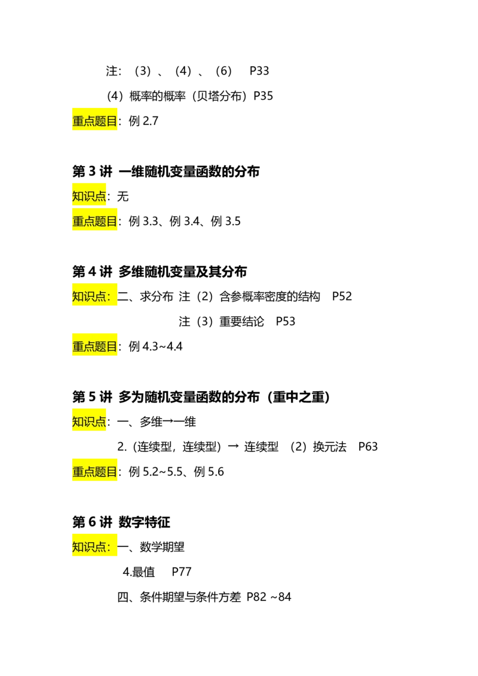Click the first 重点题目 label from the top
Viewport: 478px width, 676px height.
coord(95,121)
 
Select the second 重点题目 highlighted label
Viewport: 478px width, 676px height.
coord(95,222)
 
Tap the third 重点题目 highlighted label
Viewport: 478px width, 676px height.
coord(95,346)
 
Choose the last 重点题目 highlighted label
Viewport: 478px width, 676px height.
coord(95,472)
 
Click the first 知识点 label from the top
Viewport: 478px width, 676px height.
coord(90,196)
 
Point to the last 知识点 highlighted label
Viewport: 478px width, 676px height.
coord(94,546)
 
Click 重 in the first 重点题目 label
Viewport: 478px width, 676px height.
coord(78,121)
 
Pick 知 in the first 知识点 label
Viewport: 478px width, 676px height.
coord(78,196)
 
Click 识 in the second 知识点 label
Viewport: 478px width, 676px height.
coord(89,296)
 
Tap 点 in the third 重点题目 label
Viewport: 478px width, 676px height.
coord(89,346)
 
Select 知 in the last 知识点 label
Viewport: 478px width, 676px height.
coord(78,546)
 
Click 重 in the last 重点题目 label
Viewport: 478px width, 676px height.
coord(78,472)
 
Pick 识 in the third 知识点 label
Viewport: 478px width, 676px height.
coord(89,422)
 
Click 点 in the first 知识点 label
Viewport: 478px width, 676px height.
coord(100,196)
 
